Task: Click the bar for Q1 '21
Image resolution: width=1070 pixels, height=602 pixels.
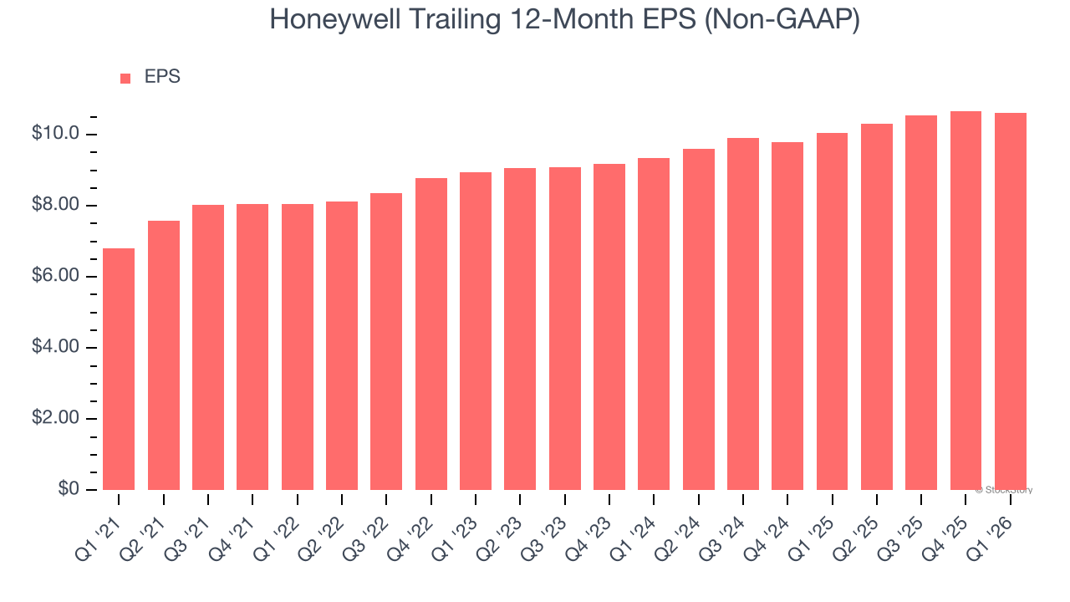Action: tap(119, 369)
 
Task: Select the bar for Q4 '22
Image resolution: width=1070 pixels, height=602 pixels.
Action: tap(431, 334)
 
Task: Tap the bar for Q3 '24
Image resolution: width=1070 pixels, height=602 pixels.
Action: tap(743, 314)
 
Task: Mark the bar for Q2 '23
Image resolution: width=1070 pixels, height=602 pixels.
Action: tap(520, 329)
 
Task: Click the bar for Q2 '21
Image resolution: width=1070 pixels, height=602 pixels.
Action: tap(164, 355)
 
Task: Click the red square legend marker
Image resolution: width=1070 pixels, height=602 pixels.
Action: tap(125, 79)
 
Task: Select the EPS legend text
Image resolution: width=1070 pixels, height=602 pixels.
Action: tap(162, 77)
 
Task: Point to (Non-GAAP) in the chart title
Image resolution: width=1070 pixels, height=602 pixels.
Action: tap(782, 20)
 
